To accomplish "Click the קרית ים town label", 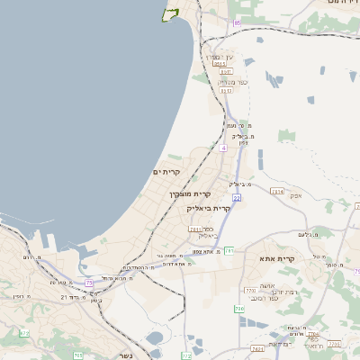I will coord(167,172).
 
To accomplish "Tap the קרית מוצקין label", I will coord(190,193).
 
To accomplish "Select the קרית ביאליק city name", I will coord(209,208).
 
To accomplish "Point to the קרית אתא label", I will coord(281,259).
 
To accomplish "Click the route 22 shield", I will coord(236,196).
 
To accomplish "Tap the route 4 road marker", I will coord(222,146).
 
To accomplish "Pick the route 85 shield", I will coord(238,22).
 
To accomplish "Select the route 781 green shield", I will coord(229,250).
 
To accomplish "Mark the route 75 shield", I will coord(89,283).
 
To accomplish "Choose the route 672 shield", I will coord(24,334).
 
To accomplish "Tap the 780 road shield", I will coord(239,310).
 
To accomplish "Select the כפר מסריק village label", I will coord(225,82).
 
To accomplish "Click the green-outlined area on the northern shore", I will coord(168,13).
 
